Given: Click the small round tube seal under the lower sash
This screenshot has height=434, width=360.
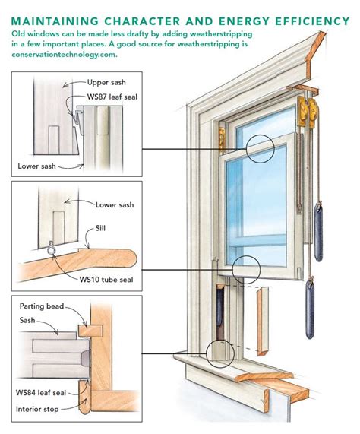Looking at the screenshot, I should coord(49,248).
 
